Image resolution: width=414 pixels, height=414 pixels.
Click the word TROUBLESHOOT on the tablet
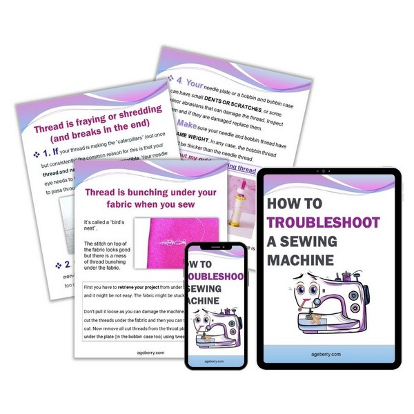(324, 223)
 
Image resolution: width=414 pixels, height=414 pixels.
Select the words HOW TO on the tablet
(296, 204)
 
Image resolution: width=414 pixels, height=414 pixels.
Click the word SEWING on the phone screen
(215, 287)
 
